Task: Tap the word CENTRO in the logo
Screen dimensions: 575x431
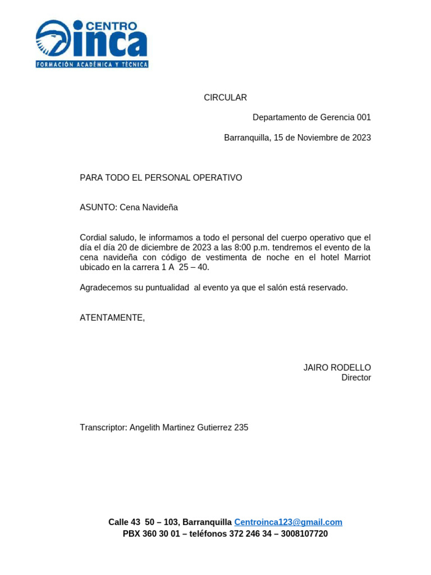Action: [112, 25]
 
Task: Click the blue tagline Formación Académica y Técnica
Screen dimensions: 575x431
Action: [92, 65]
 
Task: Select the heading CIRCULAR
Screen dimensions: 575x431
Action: [225, 98]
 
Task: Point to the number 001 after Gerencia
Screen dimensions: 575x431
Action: [364, 117]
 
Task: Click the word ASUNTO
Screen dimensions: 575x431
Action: [98, 207]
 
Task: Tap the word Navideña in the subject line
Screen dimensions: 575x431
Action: [160, 207]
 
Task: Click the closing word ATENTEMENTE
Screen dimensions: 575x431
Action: [112, 318]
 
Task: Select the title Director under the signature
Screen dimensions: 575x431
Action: [356, 378]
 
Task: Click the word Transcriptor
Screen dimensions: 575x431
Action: [103, 427]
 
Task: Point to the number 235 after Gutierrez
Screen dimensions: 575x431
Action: [241, 427]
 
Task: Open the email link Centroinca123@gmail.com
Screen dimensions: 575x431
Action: [288, 522]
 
